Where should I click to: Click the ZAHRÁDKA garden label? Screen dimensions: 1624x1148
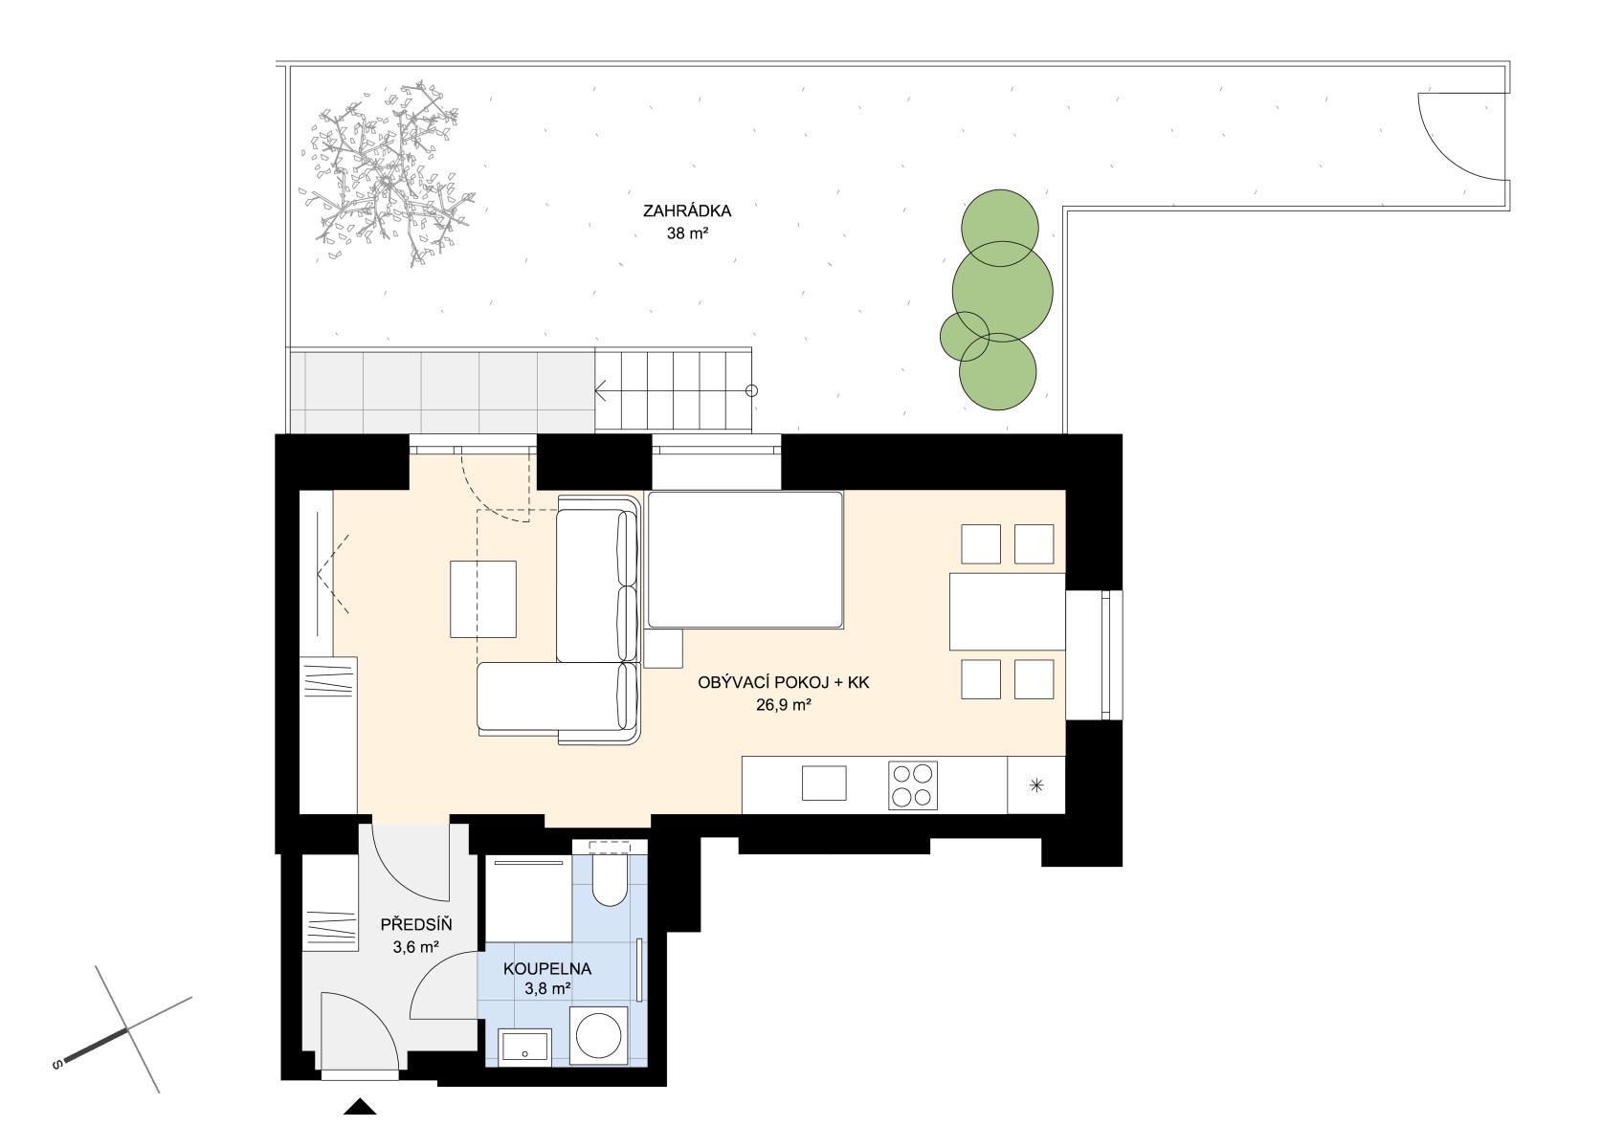(x=686, y=210)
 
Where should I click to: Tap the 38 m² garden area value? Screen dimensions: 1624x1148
(x=686, y=233)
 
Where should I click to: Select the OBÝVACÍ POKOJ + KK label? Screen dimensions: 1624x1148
(x=783, y=683)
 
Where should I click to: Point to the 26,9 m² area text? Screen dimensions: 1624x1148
(x=783, y=704)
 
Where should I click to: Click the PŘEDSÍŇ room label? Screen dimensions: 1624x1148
(x=416, y=925)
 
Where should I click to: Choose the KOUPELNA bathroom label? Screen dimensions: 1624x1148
(x=547, y=969)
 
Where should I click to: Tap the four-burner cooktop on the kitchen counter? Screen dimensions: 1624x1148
(x=913, y=784)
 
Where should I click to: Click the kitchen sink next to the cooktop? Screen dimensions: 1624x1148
(x=824, y=784)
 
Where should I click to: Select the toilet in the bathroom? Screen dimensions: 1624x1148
(x=610, y=879)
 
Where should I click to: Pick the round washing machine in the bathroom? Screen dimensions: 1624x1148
(x=598, y=1035)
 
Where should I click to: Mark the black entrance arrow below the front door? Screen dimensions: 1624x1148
(x=360, y=1107)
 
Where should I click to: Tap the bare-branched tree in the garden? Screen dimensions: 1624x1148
(x=388, y=172)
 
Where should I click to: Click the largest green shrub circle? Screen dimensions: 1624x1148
(x=1002, y=292)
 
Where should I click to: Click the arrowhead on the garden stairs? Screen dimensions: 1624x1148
(x=601, y=390)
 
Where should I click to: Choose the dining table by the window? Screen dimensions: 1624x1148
(x=1007, y=611)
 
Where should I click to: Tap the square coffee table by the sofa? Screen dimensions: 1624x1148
(x=483, y=599)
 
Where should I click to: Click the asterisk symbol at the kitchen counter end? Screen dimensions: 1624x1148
(x=1036, y=784)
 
